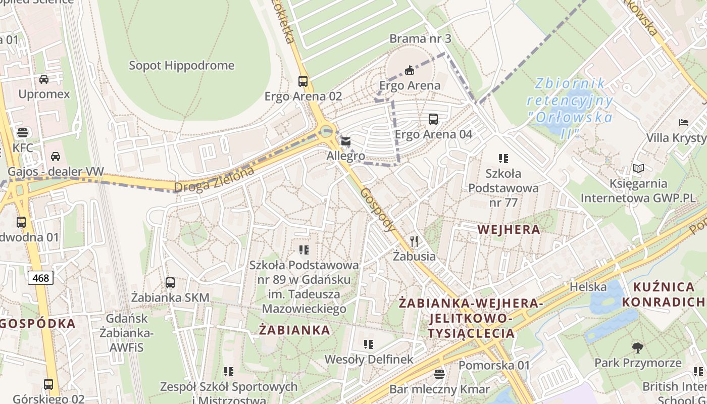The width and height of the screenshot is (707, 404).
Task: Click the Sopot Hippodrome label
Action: [x=182, y=66]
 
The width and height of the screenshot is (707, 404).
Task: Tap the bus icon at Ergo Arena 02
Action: [x=303, y=81]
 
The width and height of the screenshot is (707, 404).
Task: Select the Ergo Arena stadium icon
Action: [x=410, y=70]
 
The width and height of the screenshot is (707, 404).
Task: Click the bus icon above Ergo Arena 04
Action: [x=433, y=119]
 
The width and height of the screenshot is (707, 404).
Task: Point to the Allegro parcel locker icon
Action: [x=346, y=141]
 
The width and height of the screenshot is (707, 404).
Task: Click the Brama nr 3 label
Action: [x=420, y=39]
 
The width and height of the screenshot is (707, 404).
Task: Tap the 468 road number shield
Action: [x=40, y=278]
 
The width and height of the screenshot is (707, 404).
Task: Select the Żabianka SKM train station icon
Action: [x=170, y=283]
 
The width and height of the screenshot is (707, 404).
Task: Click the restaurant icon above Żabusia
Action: [x=414, y=241]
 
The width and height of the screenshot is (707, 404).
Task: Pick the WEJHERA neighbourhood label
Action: [x=509, y=230]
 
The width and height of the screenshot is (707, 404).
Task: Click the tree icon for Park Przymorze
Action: [x=638, y=347]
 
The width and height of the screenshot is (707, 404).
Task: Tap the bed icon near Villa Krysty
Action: [x=683, y=123]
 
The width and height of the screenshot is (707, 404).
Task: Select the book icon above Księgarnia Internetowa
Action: [x=638, y=169]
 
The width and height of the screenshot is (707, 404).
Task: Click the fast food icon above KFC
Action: [x=22, y=133]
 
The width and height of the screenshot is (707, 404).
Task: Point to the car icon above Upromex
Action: [x=44, y=79]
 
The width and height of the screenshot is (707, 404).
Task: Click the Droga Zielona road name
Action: [x=214, y=180]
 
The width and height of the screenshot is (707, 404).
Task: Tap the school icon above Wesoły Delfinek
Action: [x=369, y=344]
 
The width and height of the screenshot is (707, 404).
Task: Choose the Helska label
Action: [x=588, y=287]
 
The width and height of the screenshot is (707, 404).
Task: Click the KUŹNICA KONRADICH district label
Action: [x=663, y=294]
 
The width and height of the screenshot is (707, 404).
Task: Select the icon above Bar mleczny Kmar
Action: [x=439, y=374]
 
